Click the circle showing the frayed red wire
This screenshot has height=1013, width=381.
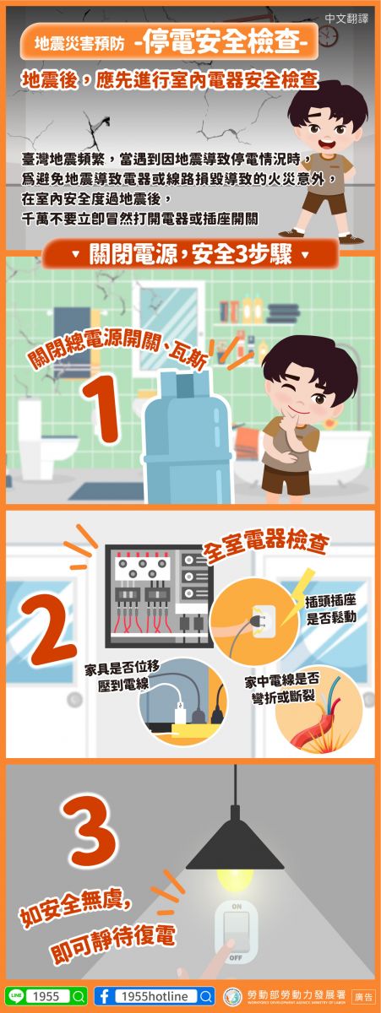[x=319, y=713]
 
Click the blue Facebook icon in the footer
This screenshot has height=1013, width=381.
[x=105, y=996]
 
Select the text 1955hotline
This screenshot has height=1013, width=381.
[x=155, y=996]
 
